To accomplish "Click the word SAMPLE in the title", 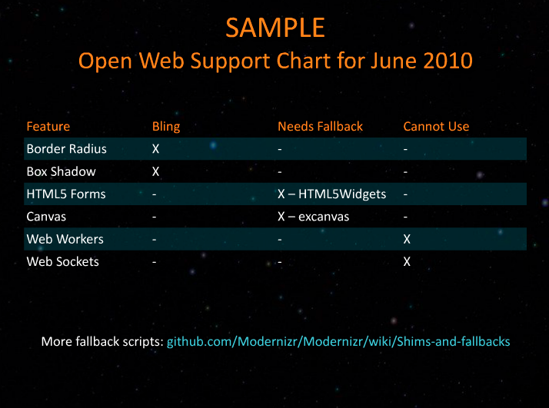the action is point(275,28).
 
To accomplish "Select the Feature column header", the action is point(48,126).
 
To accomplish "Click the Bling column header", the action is point(166,127).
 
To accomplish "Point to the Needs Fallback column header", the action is point(320,126).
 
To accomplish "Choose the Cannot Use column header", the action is point(436,126).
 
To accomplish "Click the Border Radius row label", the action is point(67,149).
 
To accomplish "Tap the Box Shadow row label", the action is point(61,171).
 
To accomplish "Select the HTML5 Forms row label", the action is point(66,194).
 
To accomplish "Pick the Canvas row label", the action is point(46,217).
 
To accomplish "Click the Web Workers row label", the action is point(65,239).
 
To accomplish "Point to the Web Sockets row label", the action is point(63,262).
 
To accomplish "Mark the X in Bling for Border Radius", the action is point(156,149).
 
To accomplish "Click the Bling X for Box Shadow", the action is point(156,171).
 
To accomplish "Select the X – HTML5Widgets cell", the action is point(331,194).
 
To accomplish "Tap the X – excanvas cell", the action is point(313,217).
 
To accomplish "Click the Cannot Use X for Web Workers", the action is point(407,239).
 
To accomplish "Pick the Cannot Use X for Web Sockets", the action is point(407,262).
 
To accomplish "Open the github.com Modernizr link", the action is point(338,341).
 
